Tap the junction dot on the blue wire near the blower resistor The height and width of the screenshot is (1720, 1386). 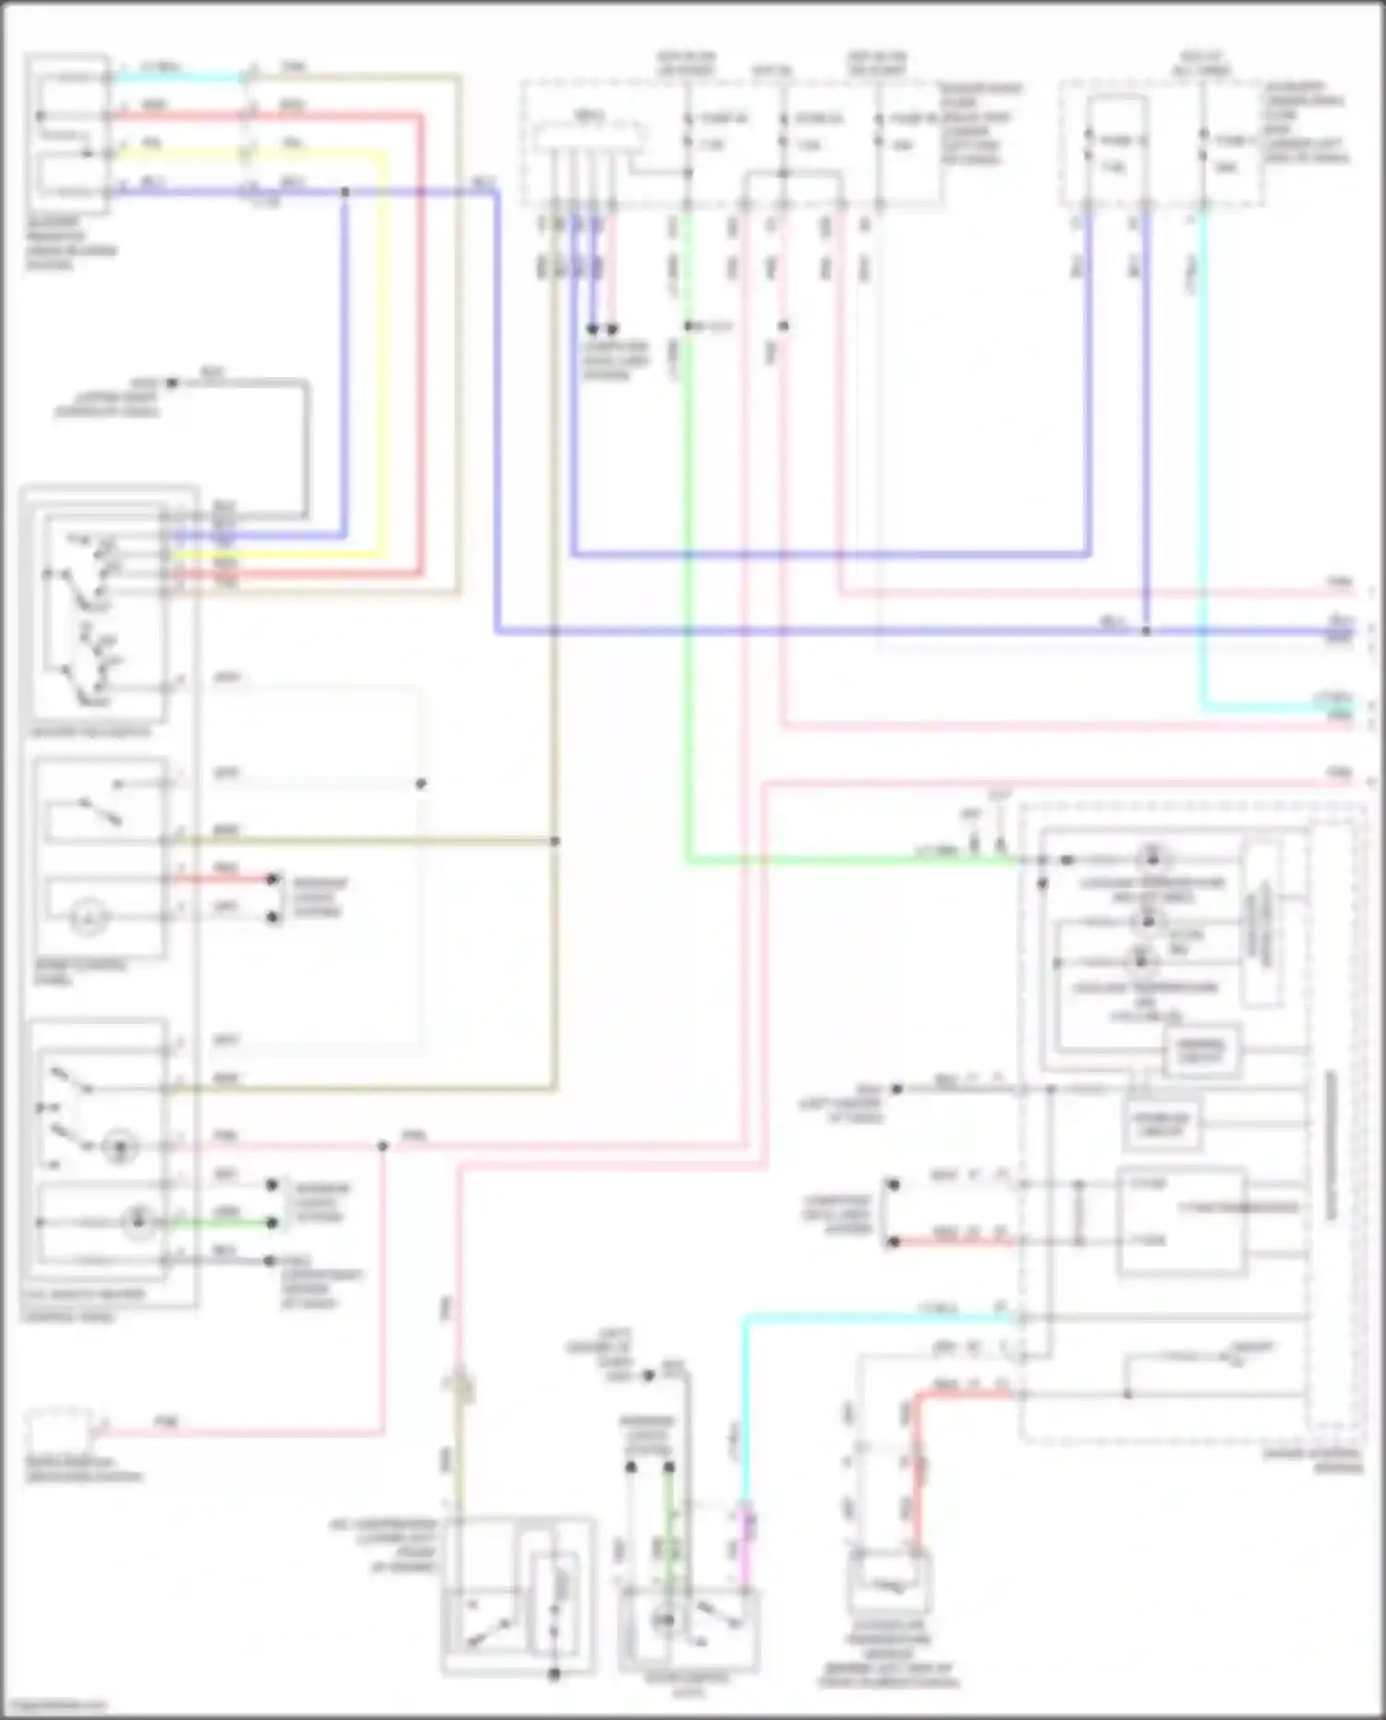(346, 192)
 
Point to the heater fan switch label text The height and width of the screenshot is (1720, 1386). (90, 732)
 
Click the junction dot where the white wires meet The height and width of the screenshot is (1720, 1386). (421, 784)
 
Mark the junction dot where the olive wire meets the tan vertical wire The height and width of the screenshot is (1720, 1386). (555, 841)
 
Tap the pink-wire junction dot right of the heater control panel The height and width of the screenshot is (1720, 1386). (383, 1146)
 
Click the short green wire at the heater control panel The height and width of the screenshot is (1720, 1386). (222, 1223)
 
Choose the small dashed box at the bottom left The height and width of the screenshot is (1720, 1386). (58, 1432)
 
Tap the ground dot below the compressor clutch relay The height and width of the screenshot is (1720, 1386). (554, 1674)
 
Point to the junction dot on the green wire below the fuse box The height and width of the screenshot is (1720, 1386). (688, 326)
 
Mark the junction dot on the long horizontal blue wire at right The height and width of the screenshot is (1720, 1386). (1146, 631)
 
